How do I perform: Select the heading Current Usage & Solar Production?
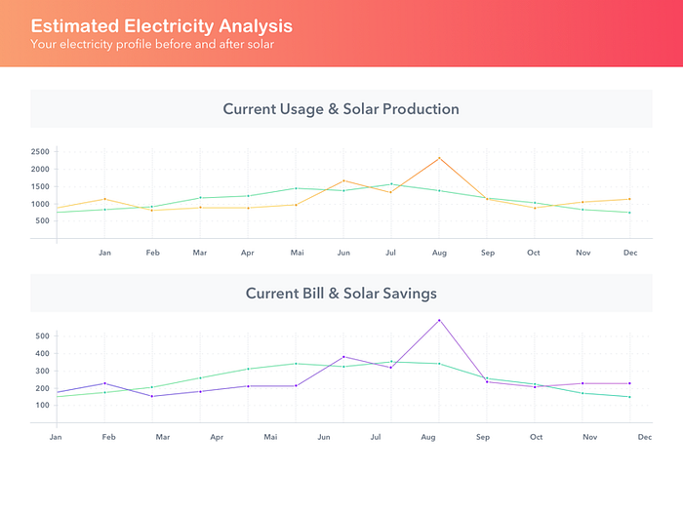click(341, 109)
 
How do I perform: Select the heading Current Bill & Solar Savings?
click(341, 293)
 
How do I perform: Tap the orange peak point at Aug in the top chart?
click(439, 158)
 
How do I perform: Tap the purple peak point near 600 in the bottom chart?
click(439, 320)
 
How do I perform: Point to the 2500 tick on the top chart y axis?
click(40, 152)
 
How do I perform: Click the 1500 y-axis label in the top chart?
click(40, 187)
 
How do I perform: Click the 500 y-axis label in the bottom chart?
click(42, 336)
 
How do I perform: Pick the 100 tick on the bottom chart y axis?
click(42, 405)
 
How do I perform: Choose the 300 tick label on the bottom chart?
click(42, 371)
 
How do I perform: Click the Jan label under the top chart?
click(104, 253)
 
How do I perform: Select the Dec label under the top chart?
click(630, 253)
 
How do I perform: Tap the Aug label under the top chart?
click(439, 253)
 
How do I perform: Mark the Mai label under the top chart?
click(297, 253)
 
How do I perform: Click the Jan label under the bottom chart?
click(56, 437)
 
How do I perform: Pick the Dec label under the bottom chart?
click(645, 437)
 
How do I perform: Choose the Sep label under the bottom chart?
click(482, 437)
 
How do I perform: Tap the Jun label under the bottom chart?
click(322, 437)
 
